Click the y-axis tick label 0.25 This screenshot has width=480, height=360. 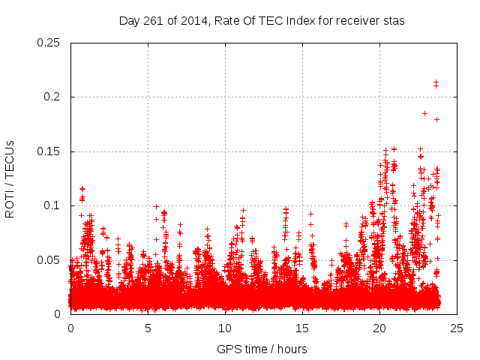49,43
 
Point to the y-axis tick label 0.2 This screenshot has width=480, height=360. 52,97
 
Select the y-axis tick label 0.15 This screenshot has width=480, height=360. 49,151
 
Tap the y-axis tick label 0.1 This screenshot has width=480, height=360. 52,205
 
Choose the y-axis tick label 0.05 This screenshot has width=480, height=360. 49,259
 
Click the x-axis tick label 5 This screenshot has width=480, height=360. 148,328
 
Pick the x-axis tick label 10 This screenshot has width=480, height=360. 225,328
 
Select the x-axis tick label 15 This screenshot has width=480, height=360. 302,328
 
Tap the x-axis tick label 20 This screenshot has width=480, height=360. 379,328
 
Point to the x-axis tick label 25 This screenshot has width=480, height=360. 457,328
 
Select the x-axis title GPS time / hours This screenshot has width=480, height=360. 262,349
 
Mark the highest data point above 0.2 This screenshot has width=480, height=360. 436,82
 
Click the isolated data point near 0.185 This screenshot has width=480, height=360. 424,113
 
